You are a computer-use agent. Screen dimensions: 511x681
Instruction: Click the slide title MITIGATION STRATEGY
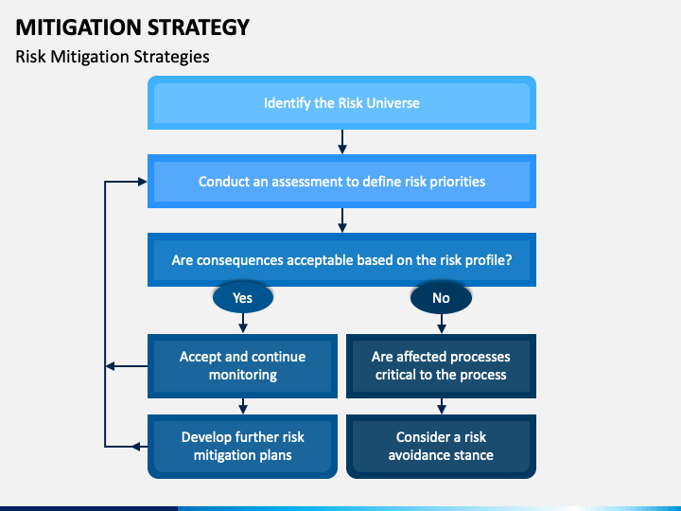132,26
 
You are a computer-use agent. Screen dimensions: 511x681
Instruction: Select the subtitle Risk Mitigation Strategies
112,57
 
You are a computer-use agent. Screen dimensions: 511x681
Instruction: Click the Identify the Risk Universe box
341,102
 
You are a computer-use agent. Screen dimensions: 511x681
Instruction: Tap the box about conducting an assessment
341,181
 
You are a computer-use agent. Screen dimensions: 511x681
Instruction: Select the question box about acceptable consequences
341,259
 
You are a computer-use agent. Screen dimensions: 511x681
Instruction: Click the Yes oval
243,298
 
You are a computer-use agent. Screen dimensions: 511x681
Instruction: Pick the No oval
441,298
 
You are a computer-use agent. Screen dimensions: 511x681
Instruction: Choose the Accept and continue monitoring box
243,365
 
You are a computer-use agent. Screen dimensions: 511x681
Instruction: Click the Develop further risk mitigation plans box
243,446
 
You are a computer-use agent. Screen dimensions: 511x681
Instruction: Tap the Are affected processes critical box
441,365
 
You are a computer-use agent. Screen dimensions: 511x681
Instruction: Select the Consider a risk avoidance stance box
441,446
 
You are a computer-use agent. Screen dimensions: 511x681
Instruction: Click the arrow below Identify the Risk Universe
342,142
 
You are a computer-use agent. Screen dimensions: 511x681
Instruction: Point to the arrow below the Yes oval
243,323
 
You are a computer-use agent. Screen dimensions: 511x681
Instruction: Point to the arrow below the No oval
441,323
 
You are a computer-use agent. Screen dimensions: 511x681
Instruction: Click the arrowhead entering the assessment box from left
142,181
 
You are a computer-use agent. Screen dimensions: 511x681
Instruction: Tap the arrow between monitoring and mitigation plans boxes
243,406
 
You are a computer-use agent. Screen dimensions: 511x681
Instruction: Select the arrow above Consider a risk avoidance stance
441,406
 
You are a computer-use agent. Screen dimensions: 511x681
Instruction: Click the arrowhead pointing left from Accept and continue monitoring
111,366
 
